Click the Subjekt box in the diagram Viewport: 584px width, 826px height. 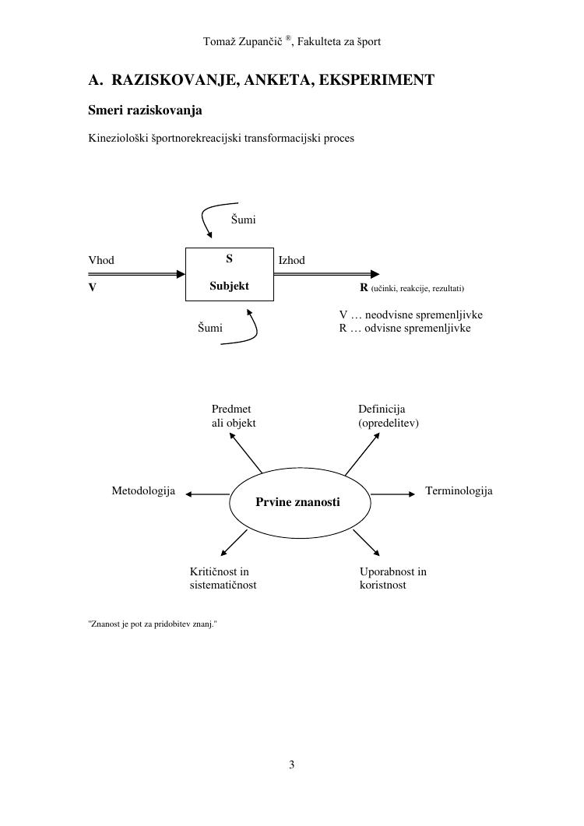[x=229, y=273]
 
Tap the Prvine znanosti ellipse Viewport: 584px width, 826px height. [x=297, y=502]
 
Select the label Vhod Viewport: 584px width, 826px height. [x=101, y=260]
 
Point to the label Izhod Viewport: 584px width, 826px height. [x=291, y=260]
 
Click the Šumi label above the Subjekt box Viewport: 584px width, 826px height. [x=244, y=220]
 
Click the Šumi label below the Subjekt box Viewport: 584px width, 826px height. [x=209, y=329]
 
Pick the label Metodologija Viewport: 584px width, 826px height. [x=143, y=491]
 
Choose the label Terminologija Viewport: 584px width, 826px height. [x=459, y=491]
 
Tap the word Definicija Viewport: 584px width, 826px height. [x=382, y=409]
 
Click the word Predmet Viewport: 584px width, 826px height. [x=231, y=409]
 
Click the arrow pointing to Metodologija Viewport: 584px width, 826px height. [x=206, y=494]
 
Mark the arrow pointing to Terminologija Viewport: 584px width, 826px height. [x=394, y=494]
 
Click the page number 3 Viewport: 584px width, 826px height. [x=292, y=764]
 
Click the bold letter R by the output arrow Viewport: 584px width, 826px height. [x=364, y=288]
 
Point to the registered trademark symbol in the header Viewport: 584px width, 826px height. [x=288, y=37]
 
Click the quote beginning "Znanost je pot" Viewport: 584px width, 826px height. [x=153, y=624]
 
